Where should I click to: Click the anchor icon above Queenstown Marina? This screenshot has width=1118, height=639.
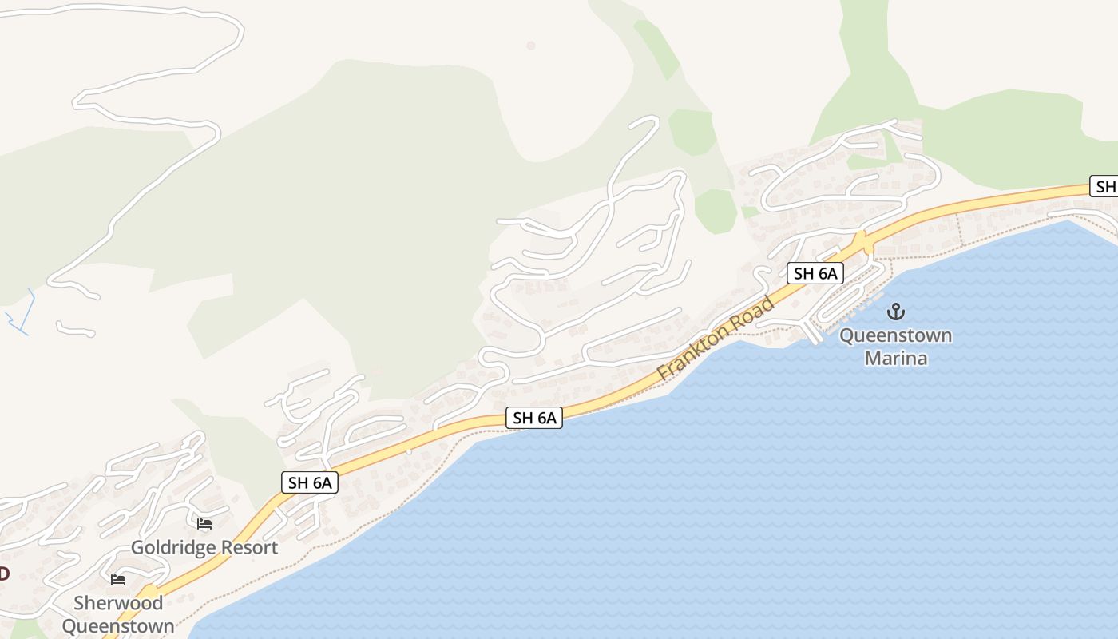[895, 311]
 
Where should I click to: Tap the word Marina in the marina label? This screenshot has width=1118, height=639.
[896, 358]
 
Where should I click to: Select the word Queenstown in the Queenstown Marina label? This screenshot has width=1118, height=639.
[895, 335]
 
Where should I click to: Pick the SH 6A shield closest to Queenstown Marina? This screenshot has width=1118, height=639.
[815, 273]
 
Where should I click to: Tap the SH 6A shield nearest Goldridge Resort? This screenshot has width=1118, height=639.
[310, 482]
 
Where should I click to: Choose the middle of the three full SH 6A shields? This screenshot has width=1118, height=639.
[534, 417]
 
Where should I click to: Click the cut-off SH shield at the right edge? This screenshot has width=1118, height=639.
[1105, 187]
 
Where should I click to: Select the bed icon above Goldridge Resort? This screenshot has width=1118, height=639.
[204, 524]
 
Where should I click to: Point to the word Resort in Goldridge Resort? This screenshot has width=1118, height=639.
[250, 548]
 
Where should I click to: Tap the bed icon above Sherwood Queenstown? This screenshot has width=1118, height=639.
[118, 579]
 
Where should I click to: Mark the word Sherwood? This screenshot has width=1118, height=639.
[118, 603]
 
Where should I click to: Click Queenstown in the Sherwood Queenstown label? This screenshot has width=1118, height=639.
[118, 625]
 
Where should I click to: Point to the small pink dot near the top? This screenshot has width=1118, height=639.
[531, 46]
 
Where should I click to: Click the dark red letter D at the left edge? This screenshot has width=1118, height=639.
[4, 574]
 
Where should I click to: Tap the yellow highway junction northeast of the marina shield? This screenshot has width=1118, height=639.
[862, 239]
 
